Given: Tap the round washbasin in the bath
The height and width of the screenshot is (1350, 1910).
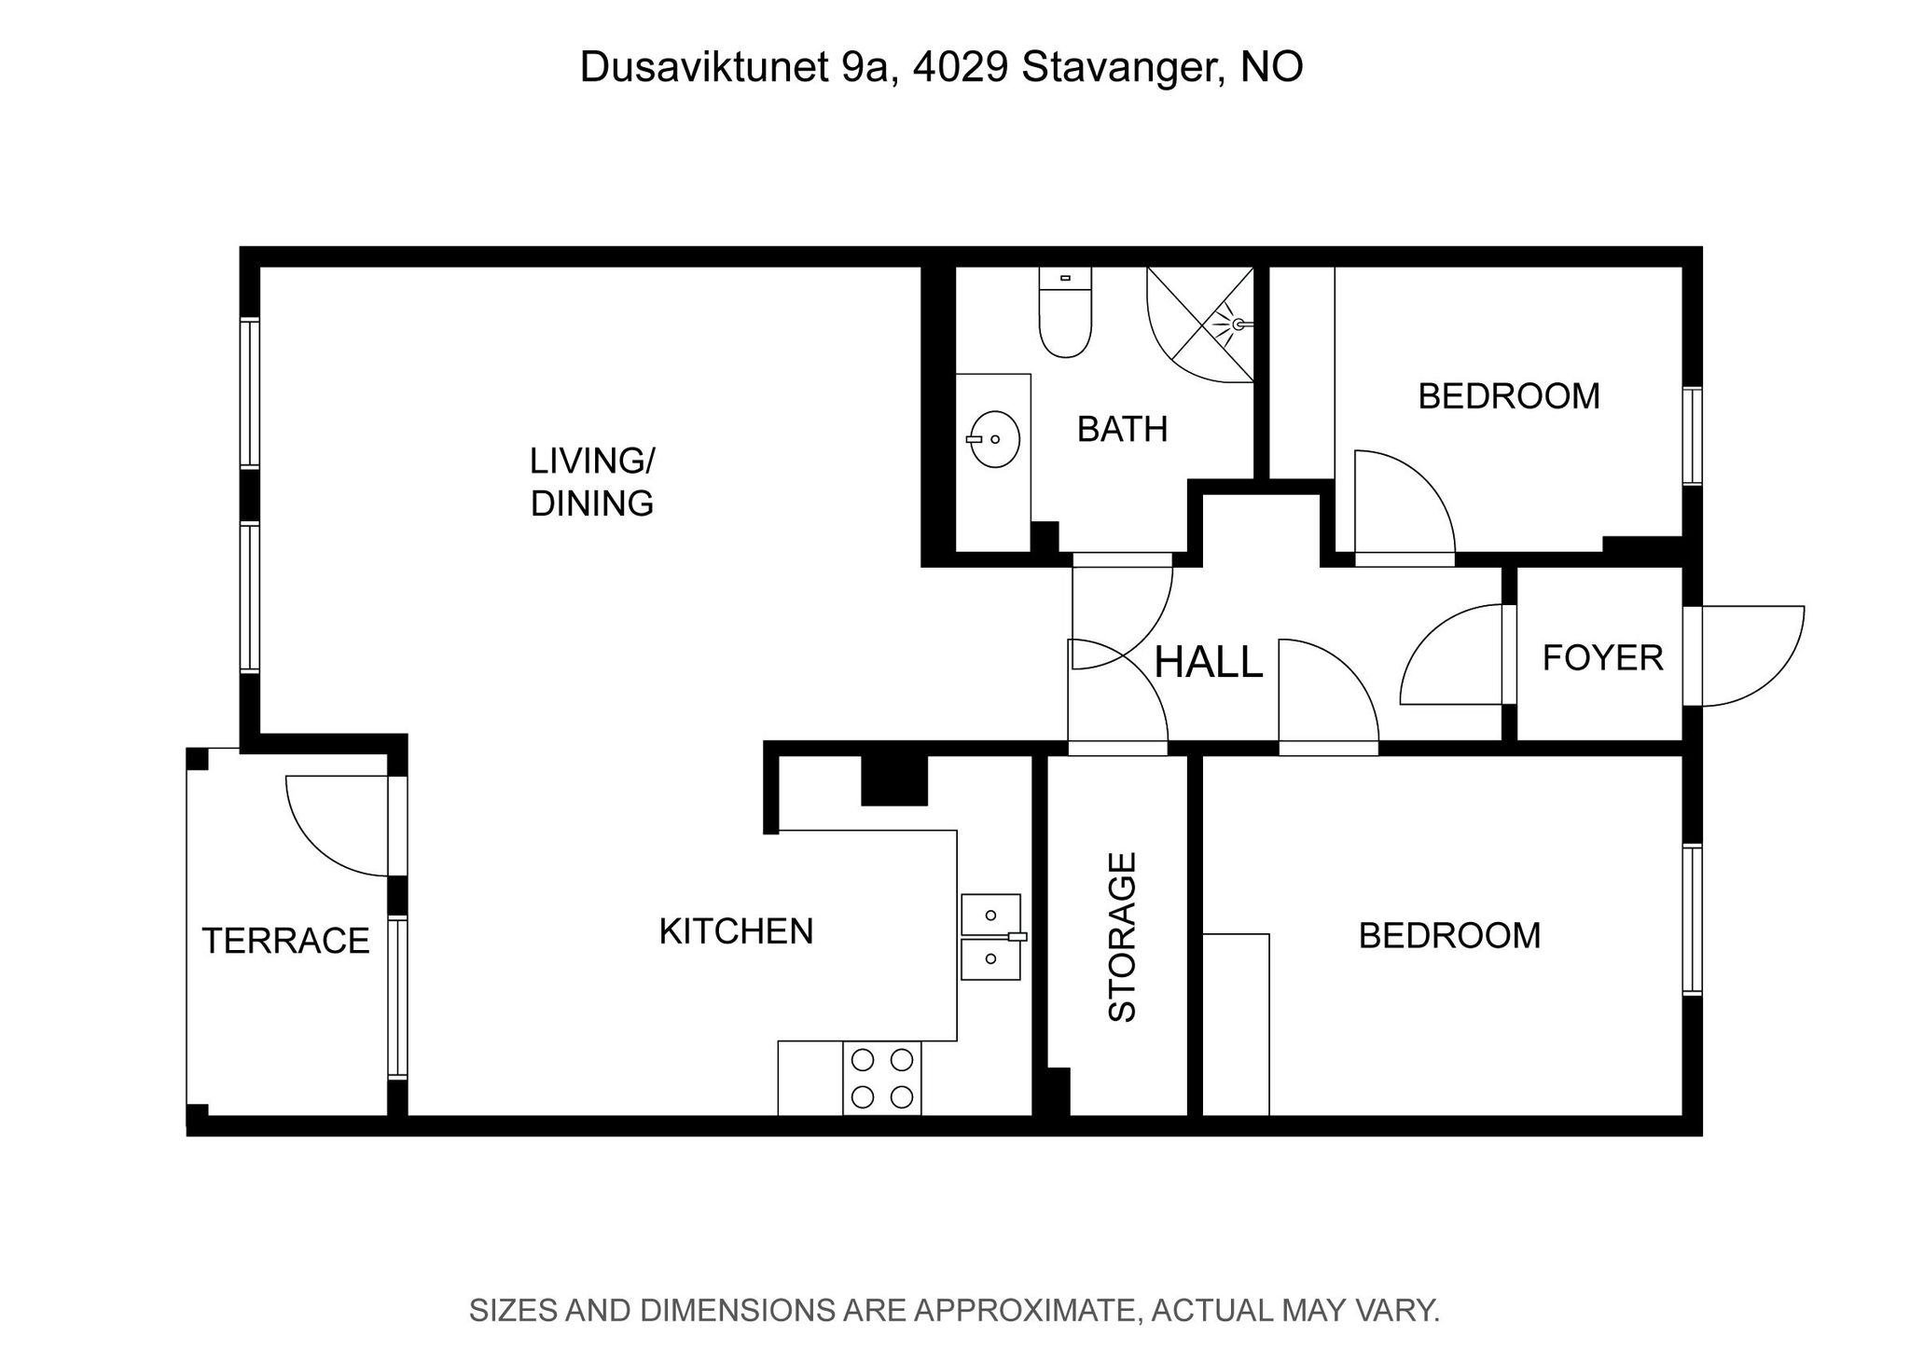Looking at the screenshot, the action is (994, 439).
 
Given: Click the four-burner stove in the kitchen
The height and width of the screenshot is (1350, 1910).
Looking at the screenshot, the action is (882, 1077).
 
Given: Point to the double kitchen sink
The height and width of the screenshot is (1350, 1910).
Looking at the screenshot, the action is (991, 937).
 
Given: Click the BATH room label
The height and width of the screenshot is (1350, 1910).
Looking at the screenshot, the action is (1122, 430).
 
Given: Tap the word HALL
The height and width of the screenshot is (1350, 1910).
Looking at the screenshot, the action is (1208, 662).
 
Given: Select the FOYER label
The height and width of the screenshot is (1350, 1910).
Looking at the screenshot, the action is (1602, 658).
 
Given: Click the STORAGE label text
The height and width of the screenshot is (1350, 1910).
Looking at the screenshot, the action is (1122, 937).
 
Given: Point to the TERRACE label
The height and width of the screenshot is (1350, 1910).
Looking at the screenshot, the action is (285, 941).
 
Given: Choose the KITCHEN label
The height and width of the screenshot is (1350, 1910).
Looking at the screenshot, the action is (736, 931).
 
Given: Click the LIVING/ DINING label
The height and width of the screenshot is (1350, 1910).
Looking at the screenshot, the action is (592, 482).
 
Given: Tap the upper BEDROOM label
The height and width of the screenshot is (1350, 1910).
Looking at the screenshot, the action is (1509, 396).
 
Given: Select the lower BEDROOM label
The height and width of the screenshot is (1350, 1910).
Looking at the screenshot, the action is (1449, 935).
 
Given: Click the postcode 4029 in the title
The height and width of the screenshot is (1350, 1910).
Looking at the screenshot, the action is (960, 67).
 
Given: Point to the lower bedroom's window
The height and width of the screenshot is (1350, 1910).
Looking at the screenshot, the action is (1692, 919).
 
